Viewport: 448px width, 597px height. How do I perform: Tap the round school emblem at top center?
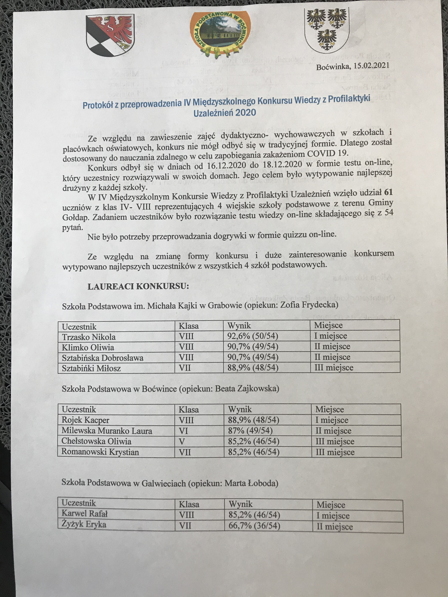(x=220, y=34)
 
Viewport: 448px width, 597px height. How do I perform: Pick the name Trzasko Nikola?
(x=89, y=337)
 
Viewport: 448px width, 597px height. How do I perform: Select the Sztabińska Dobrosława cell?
(x=103, y=358)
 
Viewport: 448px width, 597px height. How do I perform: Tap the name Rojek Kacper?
(x=85, y=420)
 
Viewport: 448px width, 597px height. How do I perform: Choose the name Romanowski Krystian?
(x=100, y=452)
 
